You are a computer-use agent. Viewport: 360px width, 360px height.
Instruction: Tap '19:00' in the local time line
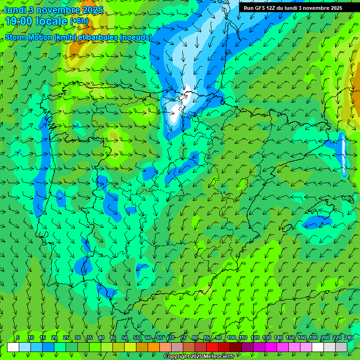tap(18, 21)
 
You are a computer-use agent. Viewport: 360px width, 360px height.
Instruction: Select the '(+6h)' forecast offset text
tap(79, 21)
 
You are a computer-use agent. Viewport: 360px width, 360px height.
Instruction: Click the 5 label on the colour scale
tap(18, 338)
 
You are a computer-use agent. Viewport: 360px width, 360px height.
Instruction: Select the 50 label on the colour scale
tap(124, 338)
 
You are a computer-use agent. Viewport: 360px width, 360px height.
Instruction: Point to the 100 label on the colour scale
tap(231, 338)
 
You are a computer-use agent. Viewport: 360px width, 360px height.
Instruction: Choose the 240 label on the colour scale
tap(349, 338)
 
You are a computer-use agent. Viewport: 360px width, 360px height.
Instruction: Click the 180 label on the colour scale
tap(313, 338)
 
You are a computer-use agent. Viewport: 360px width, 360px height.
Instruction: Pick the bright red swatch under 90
tap(212, 347)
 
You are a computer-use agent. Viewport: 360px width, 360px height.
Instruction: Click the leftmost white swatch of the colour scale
tap(13, 347)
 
